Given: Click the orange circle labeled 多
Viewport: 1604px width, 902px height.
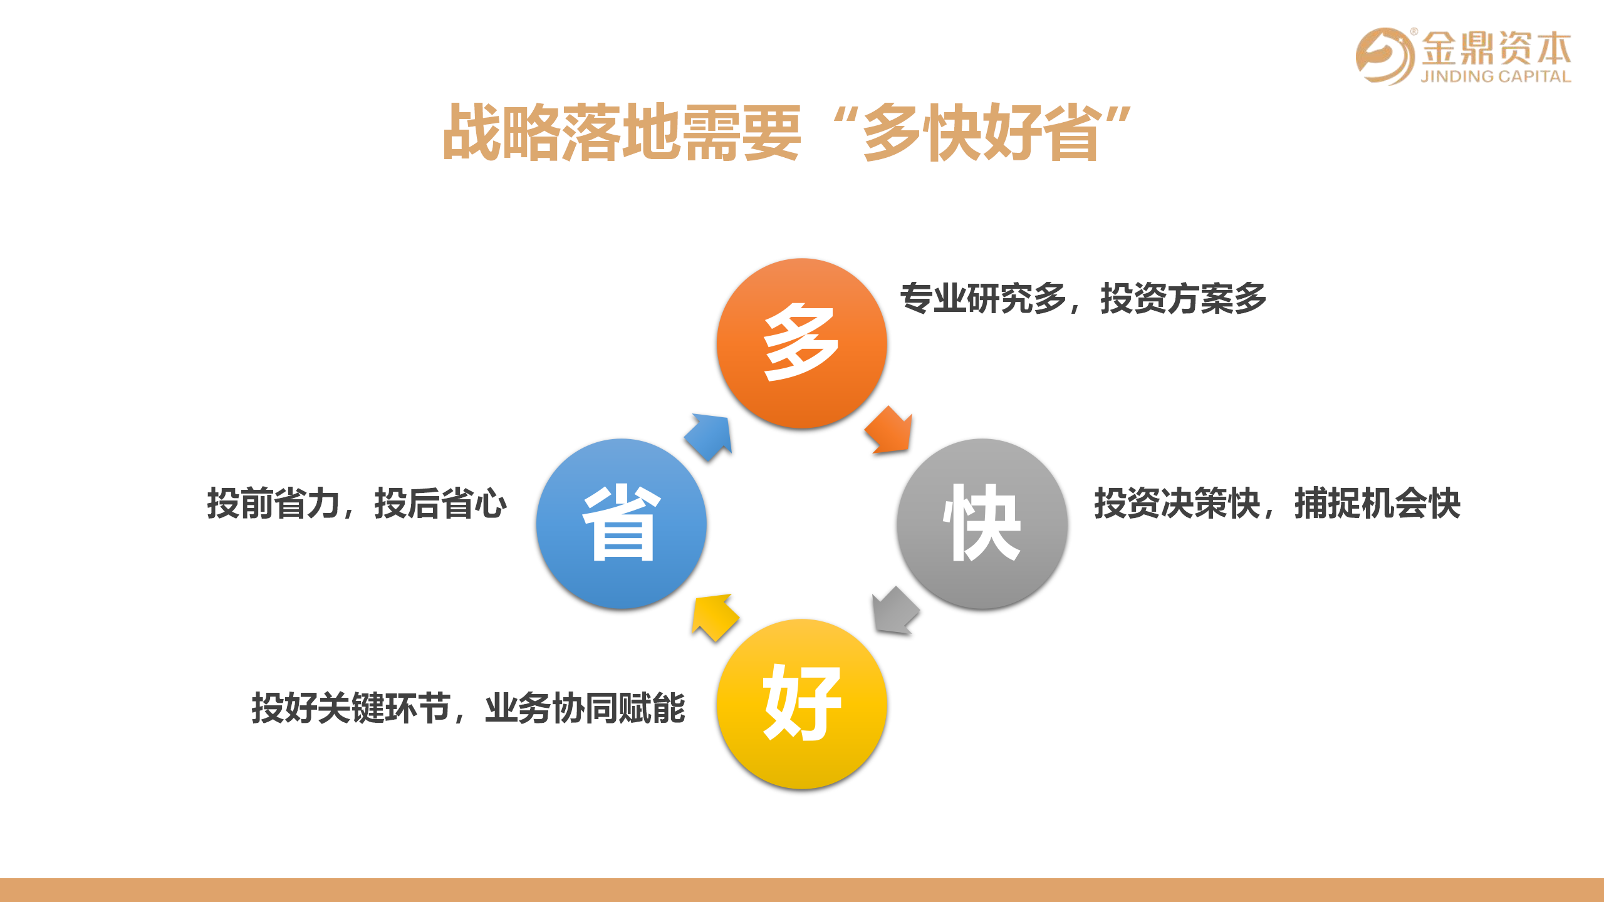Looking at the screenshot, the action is [x=802, y=343].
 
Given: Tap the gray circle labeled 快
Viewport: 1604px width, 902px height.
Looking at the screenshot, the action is [x=982, y=524].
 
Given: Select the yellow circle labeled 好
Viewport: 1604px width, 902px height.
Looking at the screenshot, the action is [x=802, y=704].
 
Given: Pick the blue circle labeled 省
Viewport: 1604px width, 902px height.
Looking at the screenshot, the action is [x=622, y=524].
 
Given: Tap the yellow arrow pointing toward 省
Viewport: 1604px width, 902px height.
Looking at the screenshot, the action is [x=714, y=616].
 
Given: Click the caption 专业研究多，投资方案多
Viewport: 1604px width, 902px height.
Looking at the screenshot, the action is [x=1083, y=298].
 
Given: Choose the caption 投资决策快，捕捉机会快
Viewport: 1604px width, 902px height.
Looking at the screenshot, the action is [x=1277, y=503].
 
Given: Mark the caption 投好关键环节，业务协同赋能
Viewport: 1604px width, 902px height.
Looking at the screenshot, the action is [x=468, y=708].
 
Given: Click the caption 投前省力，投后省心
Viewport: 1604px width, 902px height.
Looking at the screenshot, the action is [x=357, y=503].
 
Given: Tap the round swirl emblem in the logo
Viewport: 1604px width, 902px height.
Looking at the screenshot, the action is [x=1385, y=56].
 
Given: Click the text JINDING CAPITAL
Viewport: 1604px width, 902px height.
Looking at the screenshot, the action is [x=1496, y=76].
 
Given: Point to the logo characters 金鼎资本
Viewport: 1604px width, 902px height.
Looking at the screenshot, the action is [x=1496, y=48].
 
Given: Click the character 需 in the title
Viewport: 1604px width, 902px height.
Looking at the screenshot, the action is [x=711, y=132].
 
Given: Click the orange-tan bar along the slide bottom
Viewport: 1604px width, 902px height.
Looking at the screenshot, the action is [x=802, y=890].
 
